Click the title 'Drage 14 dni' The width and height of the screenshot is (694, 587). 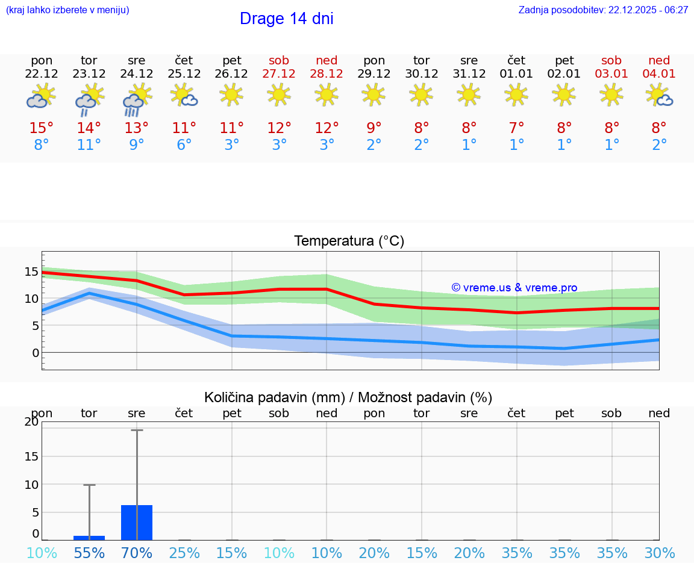pyautogui.click(x=286, y=19)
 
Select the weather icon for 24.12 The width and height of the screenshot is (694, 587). pyautogui.click(x=137, y=99)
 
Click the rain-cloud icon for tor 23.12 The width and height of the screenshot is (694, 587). pyautogui.click(x=89, y=99)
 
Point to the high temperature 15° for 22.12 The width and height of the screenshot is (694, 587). pyautogui.click(x=42, y=128)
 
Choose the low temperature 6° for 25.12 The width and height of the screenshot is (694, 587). pyautogui.click(x=184, y=145)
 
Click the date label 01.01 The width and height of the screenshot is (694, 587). pyautogui.click(x=516, y=74)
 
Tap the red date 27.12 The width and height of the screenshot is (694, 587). pyautogui.click(x=279, y=74)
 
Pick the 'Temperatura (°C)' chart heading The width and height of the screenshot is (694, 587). pyautogui.click(x=349, y=241)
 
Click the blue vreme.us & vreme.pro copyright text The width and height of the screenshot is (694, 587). pyautogui.click(x=514, y=288)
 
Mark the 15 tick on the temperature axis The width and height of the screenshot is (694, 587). pyautogui.click(x=31, y=272)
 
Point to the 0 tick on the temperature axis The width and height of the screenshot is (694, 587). pyautogui.click(x=35, y=353)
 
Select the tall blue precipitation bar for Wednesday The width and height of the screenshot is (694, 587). pyautogui.click(x=137, y=523)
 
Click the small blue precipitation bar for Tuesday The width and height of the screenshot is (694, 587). pyautogui.click(x=89, y=538)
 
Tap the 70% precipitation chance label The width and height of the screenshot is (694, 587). pyautogui.click(x=137, y=553)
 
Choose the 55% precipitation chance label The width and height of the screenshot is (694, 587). pyautogui.click(x=89, y=553)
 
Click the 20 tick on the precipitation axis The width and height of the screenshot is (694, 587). pyautogui.click(x=31, y=422)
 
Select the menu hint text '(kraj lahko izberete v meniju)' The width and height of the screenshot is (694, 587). pyautogui.click(x=67, y=10)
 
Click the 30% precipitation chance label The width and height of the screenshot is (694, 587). pyautogui.click(x=659, y=553)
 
